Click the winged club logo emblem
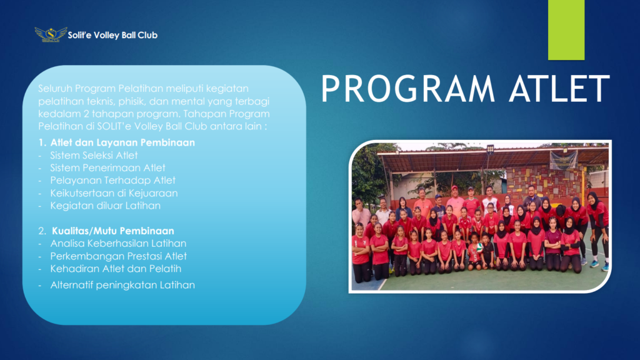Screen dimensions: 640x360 [51, 34]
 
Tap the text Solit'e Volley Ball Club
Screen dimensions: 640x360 [112, 35]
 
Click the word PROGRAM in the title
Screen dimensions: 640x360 [407, 88]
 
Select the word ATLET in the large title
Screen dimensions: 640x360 [559, 88]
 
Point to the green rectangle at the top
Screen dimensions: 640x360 [566, 30]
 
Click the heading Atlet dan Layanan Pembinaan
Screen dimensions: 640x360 [122, 142]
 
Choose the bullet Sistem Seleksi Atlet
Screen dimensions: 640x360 [94, 155]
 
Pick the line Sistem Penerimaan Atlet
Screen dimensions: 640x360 [107, 167]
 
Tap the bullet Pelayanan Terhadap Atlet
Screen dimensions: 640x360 [112, 180]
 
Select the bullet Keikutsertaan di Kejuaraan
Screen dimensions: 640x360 [114, 193]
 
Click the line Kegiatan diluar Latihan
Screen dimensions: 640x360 [105, 205]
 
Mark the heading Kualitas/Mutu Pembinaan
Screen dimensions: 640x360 [112, 231]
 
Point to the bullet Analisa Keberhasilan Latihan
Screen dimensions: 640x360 [118, 243]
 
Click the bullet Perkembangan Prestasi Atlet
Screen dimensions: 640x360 [118, 256]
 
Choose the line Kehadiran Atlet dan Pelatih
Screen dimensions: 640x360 [116, 269]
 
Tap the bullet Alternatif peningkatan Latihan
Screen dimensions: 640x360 [122, 285]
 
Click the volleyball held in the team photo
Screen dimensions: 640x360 [479, 247]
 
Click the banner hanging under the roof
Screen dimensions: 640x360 [563, 160]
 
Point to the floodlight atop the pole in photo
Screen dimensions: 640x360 [490, 149]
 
